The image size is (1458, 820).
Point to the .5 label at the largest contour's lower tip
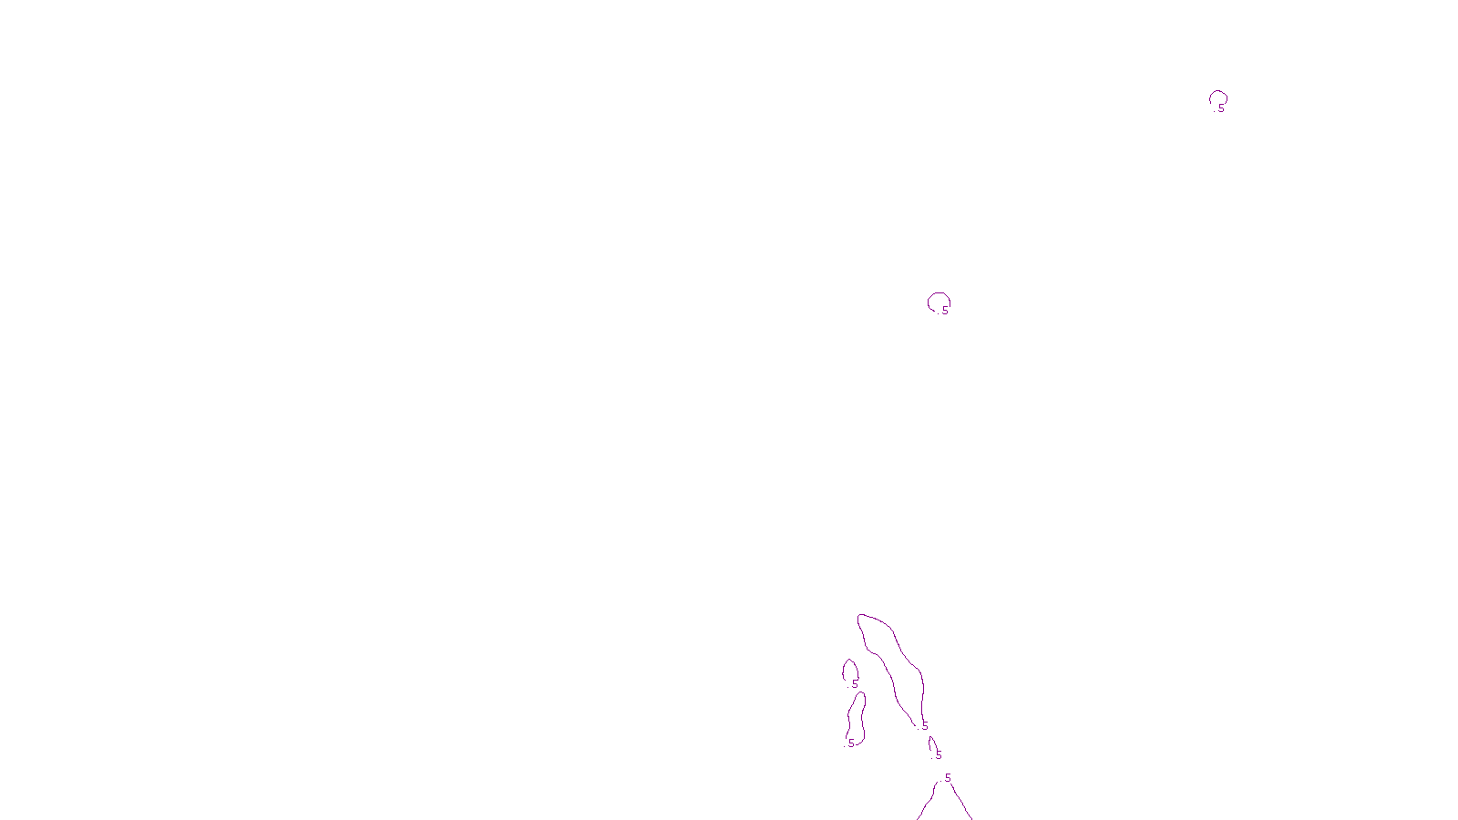pos(924,726)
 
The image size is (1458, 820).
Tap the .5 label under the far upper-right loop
pos(1220,108)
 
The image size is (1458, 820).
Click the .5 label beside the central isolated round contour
pos(944,311)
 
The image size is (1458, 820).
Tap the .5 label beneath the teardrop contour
pos(854,684)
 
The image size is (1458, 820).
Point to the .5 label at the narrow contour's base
pos(850,743)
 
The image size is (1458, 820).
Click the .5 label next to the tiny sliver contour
pos(938,755)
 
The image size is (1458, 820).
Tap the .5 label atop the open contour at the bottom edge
pos(947,778)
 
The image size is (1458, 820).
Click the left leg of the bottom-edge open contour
pos(927,805)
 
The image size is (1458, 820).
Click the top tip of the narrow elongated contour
pos(860,694)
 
